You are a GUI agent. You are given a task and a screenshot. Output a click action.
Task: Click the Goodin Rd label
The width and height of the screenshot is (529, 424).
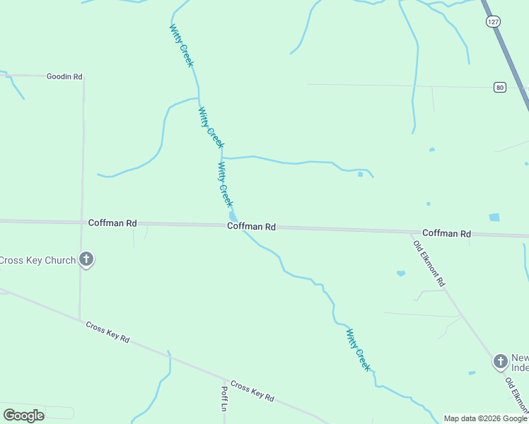pos(64,76)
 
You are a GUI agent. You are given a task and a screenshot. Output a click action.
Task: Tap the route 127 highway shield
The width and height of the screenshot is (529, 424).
pos(492,22)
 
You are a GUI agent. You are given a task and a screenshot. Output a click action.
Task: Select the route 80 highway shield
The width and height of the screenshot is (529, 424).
pos(500,87)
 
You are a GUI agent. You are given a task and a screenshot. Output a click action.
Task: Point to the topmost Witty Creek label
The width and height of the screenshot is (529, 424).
pos(181,45)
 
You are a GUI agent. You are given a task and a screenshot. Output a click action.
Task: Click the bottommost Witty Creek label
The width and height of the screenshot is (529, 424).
pos(358,350)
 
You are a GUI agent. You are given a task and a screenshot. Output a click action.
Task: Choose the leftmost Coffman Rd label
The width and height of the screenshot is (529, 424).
pos(112,223)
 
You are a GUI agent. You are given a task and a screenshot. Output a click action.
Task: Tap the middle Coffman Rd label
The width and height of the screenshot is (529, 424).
pos(251,227)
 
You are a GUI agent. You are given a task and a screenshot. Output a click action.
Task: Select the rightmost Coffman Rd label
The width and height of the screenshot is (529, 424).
pos(446,233)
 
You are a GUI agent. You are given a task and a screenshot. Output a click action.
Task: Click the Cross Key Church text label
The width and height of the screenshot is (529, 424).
pos(37,260)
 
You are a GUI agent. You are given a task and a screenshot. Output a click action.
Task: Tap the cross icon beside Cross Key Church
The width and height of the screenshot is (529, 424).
pos(86,259)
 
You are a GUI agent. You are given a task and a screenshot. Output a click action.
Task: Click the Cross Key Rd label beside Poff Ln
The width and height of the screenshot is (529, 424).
pos(252,391)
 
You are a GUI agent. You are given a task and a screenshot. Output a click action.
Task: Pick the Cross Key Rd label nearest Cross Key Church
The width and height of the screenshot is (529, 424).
pos(107,332)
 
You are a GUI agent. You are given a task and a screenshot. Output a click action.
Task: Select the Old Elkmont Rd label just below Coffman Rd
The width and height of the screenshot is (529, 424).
pos(429,262)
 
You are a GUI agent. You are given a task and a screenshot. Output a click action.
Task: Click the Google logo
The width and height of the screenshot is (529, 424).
pos(23,416)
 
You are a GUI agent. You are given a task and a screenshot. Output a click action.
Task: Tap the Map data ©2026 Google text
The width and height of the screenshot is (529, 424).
pos(485,418)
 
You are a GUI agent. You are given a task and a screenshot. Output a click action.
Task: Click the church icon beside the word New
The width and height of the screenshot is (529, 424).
pos(500,362)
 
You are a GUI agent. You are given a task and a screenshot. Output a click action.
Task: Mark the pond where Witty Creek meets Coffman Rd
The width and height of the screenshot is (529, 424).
pos(233,216)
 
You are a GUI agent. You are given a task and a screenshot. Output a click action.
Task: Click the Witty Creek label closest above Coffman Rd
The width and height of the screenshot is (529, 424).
pos(225,184)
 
